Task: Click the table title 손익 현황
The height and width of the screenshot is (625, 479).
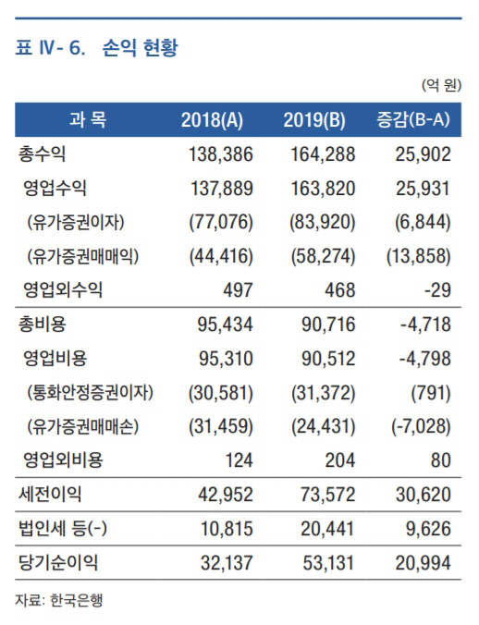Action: [x=140, y=48]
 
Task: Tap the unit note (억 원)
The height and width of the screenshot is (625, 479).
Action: [x=441, y=85]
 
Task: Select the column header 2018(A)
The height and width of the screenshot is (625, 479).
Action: [x=212, y=119]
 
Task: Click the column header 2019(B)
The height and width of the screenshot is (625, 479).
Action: [x=314, y=119]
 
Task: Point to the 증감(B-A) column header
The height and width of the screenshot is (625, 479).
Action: [x=413, y=119]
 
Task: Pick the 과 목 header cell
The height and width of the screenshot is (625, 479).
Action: [x=88, y=119]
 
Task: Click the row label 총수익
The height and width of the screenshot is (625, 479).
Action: [x=42, y=154]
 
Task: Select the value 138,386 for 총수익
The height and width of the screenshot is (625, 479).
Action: [x=221, y=154]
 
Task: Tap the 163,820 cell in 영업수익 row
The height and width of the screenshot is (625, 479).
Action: [x=323, y=188]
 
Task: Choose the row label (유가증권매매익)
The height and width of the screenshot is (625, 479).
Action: [x=83, y=256]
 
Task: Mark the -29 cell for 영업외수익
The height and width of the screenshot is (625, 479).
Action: [x=437, y=290]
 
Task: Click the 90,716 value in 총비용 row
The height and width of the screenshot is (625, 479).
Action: [x=328, y=325]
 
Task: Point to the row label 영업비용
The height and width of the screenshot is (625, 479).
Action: [x=55, y=359]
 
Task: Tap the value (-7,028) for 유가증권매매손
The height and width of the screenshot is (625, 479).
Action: [x=421, y=427]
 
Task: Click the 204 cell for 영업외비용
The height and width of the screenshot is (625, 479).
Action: [x=340, y=460]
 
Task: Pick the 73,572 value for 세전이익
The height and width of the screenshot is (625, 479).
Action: [x=328, y=495]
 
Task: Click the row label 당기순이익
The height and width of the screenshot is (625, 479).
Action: [x=58, y=563]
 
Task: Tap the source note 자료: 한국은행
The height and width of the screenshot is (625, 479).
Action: [x=59, y=600]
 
